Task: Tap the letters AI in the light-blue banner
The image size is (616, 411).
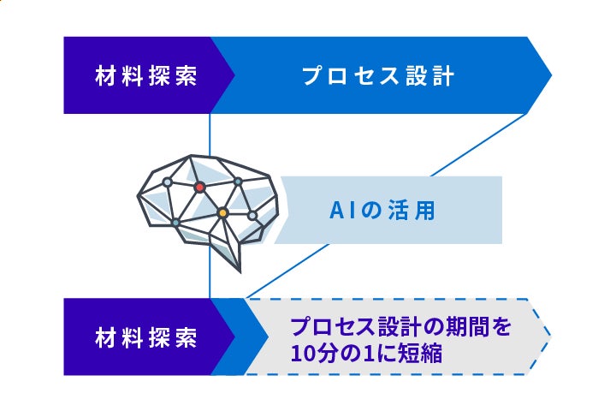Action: click(x=340, y=211)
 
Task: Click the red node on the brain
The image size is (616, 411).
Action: click(x=199, y=186)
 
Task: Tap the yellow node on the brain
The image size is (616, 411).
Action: click(x=222, y=212)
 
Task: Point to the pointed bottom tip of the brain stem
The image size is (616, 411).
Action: click(x=240, y=270)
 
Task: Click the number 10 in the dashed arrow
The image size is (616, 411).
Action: click(x=301, y=353)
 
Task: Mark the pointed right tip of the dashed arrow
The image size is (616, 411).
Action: click(x=548, y=337)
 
